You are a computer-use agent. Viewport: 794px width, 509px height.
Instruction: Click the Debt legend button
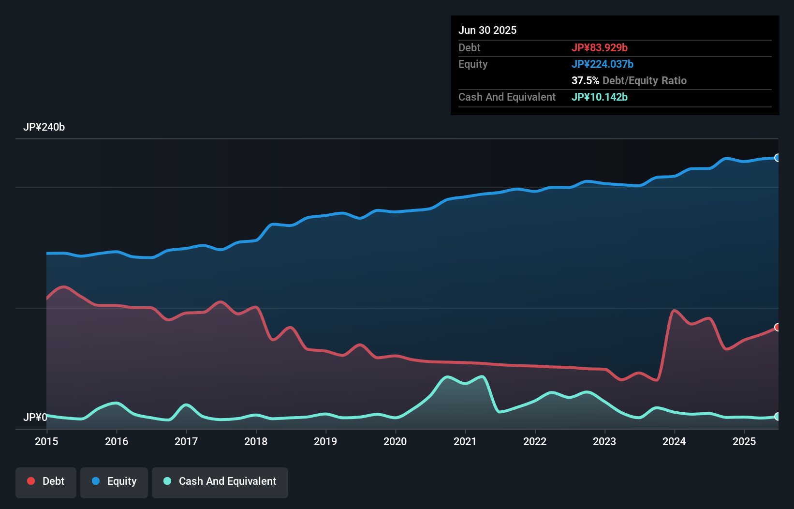[46, 482]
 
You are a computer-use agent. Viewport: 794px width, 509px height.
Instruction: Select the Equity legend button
[114, 482]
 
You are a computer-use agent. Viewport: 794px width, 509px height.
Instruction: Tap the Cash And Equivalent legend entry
[220, 482]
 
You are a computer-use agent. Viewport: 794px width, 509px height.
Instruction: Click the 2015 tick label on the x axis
[46, 441]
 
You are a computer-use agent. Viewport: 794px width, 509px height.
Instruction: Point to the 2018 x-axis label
[256, 441]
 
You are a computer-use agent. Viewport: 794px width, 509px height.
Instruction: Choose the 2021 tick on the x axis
[465, 441]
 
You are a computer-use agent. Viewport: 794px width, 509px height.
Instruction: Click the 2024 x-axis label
[674, 441]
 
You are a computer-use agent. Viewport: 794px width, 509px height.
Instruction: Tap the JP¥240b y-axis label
[44, 127]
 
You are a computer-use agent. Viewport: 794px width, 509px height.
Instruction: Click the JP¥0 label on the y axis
[35, 417]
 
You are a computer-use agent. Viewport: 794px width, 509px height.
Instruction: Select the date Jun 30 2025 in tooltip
[487, 30]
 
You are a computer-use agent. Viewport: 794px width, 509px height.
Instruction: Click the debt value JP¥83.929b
[600, 47]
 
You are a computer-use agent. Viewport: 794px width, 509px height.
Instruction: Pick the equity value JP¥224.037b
[603, 64]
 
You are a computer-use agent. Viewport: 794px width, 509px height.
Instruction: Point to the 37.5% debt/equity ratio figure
[585, 80]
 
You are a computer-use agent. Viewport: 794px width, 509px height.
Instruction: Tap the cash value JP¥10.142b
[600, 97]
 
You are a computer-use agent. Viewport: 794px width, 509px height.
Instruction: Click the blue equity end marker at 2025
[777, 158]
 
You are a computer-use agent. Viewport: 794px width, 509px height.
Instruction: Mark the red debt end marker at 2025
[777, 328]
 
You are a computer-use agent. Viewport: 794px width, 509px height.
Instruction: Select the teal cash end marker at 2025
[777, 417]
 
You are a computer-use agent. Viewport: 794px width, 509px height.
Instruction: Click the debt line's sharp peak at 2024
[674, 311]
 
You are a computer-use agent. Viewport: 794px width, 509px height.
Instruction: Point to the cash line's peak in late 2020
[447, 376]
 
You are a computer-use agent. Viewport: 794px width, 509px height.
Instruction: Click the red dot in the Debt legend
[31, 481]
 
